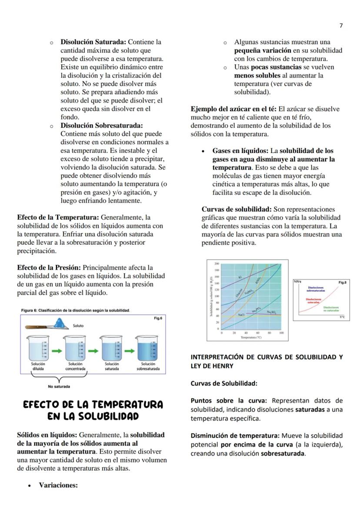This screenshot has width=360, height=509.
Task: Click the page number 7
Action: click(x=341, y=26)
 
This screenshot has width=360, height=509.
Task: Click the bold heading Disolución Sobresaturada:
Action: click(x=101, y=126)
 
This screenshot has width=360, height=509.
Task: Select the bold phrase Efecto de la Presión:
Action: click(x=49, y=268)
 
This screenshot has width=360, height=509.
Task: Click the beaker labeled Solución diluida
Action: click(x=38, y=348)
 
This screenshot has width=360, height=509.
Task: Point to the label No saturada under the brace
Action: click(x=59, y=386)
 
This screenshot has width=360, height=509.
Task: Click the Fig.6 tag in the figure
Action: click(x=158, y=319)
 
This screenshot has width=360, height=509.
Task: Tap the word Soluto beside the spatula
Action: click(x=79, y=326)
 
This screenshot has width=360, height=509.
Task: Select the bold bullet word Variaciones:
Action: click(x=58, y=485)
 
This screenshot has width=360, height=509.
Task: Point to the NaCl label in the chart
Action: click(x=242, y=314)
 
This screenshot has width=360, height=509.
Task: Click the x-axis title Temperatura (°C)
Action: click(x=252, y=337)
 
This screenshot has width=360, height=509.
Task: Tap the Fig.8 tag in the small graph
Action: click(x=342, y=283)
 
